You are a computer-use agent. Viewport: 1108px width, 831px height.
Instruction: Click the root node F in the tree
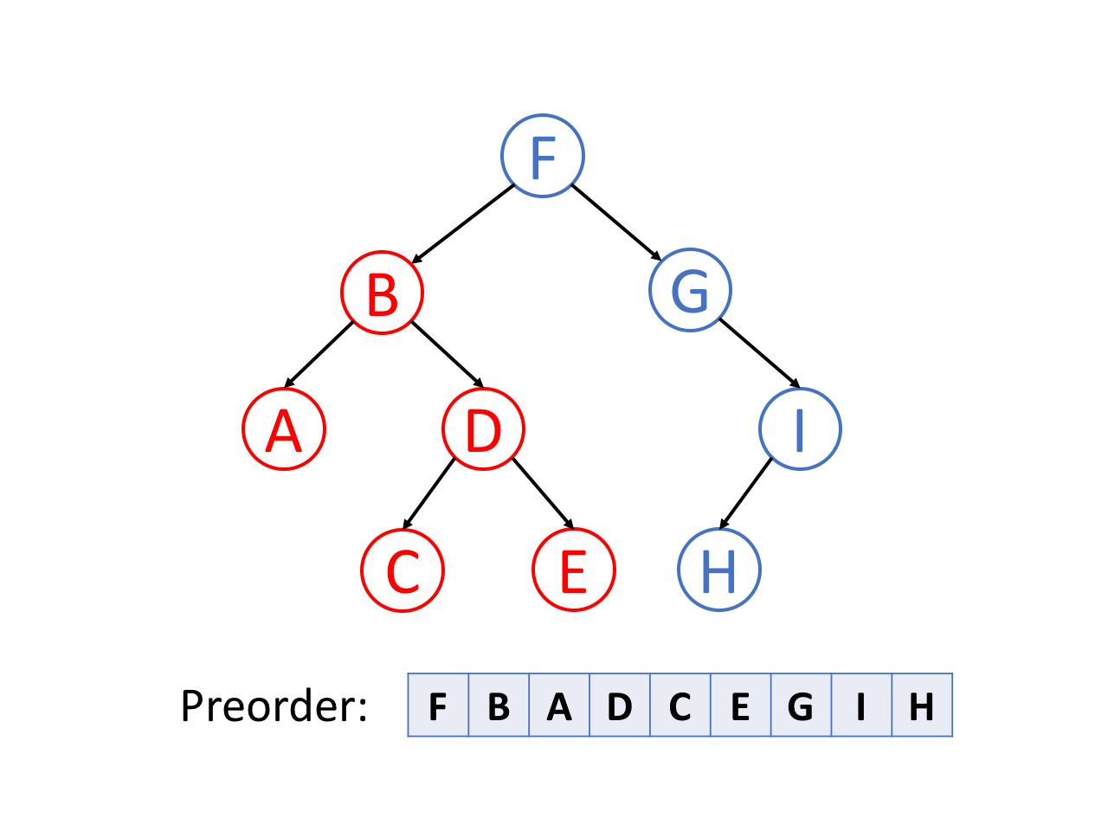tap(543, 156)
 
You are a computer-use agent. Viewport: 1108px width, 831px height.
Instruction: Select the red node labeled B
tap(382, 293)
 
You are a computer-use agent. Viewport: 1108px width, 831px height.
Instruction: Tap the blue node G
tap(690, 290)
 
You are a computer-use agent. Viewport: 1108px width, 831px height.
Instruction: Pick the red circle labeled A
tap(284, 429)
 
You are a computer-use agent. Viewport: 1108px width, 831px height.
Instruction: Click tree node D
tap(483, 429)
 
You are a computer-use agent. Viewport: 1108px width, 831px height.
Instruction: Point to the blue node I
tap(800, 429)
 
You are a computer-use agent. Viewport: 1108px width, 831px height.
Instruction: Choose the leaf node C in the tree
tap(403, 570)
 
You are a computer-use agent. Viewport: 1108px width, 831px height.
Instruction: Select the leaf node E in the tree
tap(573, 570)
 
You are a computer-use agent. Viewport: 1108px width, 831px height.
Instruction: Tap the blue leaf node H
tap(718, 570)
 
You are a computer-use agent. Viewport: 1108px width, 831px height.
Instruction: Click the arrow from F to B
tap(463, 223)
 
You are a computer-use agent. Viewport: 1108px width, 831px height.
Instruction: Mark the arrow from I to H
tap(745, 493)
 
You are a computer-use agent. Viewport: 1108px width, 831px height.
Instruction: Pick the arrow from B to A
tap(319, 354)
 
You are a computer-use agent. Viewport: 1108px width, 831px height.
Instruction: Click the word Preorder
tap(274, 706)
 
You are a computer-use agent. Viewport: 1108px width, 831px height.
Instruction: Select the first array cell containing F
tap(438, 705)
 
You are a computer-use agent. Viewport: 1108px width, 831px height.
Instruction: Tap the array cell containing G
tap(801, 705)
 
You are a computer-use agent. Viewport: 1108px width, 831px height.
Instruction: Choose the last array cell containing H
tap(922, 705)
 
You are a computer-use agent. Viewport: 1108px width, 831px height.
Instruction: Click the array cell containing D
tap(620, 705)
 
